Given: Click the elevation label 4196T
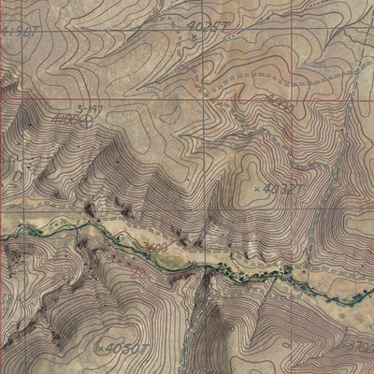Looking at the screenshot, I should [x=21, y=34].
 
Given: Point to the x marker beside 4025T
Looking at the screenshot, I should [x=193, y=37].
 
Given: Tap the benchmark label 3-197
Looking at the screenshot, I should [x=90, y=108].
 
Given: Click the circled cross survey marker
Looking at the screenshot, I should [x=87, y=120].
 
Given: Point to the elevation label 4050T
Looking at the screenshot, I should [x=129, y=349].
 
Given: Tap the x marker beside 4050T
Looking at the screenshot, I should [x=100, y=348].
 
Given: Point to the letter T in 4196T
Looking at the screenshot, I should [x=40, y=34].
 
